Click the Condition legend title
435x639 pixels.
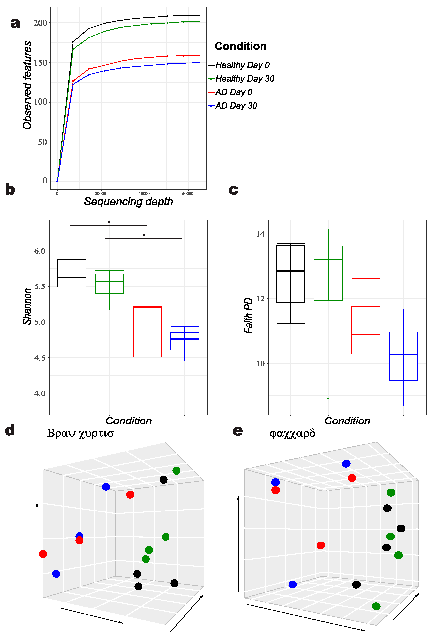pos(240,46)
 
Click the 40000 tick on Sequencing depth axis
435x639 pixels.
pos(144,194)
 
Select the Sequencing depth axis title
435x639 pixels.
pos(129,202)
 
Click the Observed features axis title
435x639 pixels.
pos(27,85)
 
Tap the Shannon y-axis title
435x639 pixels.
pos(27,306)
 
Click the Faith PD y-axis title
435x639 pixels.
pos(248,315)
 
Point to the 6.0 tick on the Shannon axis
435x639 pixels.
pos(40,251)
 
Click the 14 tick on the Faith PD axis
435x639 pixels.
pos(260,234)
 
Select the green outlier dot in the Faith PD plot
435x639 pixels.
pos(328,399)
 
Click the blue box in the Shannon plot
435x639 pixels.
pos(185,341)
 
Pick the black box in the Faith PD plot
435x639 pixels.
pos(291,274)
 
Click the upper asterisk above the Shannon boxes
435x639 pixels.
pos(109,222)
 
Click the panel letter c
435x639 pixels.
pos(233,190)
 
